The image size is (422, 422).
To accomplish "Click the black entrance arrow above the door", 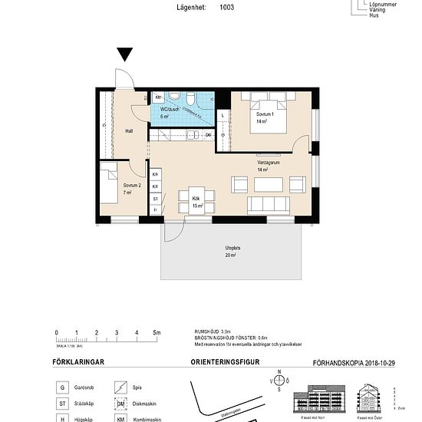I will tap(126, 54).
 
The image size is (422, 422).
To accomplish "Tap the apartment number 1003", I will tap(226, 8).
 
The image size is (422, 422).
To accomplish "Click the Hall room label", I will tap(129, 131).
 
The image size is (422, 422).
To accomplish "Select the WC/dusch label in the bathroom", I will tap(170, 109).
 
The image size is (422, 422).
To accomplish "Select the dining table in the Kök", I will tap(196, 202).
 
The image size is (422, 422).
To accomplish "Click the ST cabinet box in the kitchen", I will tap(156, 197).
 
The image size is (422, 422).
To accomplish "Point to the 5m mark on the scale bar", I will tap(157, 332).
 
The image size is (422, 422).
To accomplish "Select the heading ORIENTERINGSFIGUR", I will tap(223, 362).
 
